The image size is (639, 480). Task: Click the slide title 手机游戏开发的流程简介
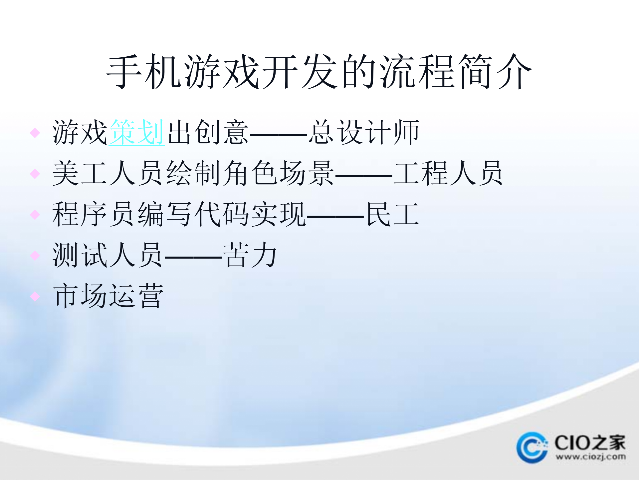319,72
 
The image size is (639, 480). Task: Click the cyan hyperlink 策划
136,133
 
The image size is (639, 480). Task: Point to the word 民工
392,214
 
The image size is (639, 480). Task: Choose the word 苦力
250,255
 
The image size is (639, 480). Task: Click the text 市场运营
108,296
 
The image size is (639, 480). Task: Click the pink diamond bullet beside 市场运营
35,296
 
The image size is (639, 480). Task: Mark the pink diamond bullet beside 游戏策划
35,133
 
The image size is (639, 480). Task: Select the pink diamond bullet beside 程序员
35,215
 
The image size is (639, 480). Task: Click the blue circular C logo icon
532,447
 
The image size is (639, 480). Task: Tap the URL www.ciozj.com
590,457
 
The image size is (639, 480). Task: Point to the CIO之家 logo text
590,443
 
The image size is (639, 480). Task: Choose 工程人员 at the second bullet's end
448,173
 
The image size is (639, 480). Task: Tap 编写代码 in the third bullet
193,214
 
